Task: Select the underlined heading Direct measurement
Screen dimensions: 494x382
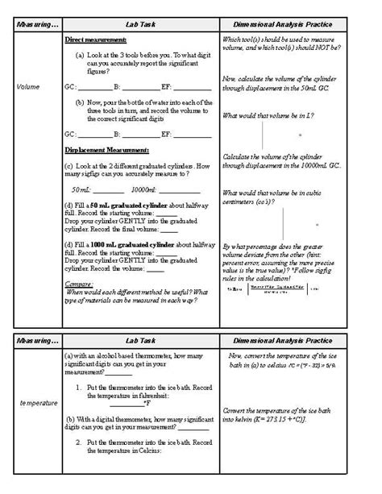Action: coord(95,39)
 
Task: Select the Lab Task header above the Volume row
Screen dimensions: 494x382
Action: coord(141,25)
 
